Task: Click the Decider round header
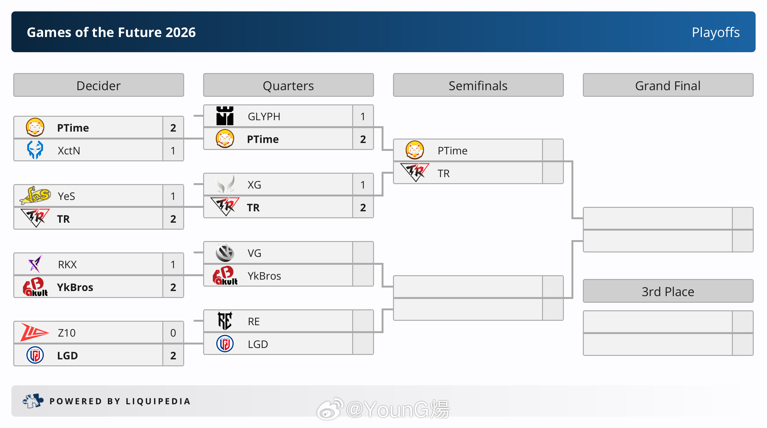pyautogui.click(x=98, y=85)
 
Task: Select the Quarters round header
pyautogui.click(x=288, y=85)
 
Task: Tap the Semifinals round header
pyautogui.click(x=478, y=85)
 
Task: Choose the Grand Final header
pyautogui.click(x=668, y=85)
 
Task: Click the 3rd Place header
pyautogui.click(x=668, y=291)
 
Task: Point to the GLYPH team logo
pyautogui.click(x=225, y=116)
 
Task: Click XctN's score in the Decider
pyautogui.click(x=173, y=151)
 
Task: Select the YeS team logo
pyautogui.click(x=35, y=195)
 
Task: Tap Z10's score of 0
pyautogui.click(x=173, y=333)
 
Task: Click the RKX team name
pyautogui.click(x=67, y=264)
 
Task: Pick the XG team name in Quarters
pyautogui.click(x=254, y=185)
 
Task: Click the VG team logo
pyautogui.click(x=225, y=253)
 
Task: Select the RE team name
pyautogui.click(x=254, y=321)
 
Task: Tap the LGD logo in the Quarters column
pyautogui.click(x=225, y=344)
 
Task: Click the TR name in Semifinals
pyautogui.click(x=444, y=173)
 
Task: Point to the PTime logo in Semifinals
pyautogui.click(x=415, y=150)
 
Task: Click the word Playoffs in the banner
pyautogui.click(x=716, y=32)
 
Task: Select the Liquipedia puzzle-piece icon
pyautogui.click(x=33, y=401)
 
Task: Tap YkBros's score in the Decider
pyautogui.click(x=173, y=287)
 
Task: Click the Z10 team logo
pyautogui.click(x=34, y=332)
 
